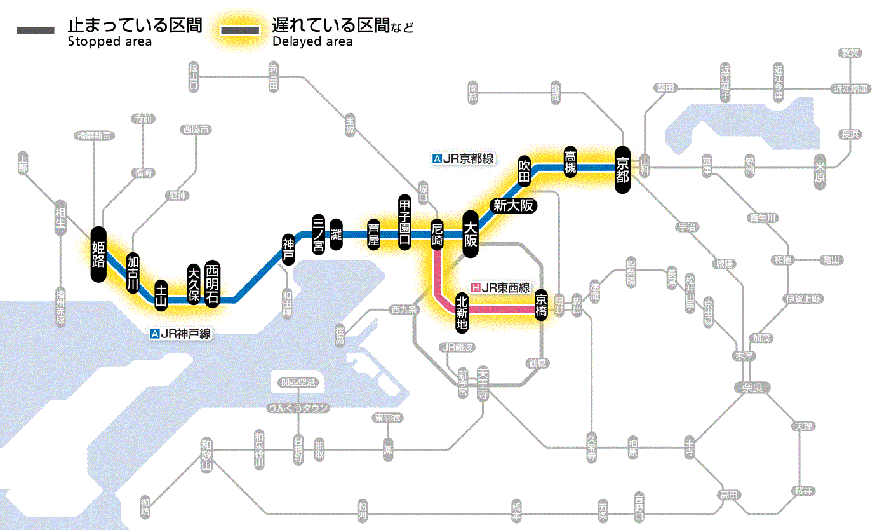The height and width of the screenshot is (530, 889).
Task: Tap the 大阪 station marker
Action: click(x=471, y=233)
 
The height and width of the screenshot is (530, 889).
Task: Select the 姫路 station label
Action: click(x=98, y=254)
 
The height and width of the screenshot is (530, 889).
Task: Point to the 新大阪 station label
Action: click(x=514, y=205)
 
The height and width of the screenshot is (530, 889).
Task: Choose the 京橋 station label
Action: click(x=541, y=304)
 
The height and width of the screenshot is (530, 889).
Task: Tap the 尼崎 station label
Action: click(x=437, y=234)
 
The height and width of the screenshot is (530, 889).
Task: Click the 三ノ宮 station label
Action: click(x=319, y=234)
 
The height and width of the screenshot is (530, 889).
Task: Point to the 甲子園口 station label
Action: click(x=404, y=222)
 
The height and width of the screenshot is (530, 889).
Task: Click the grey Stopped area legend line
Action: click(x=37, y=31)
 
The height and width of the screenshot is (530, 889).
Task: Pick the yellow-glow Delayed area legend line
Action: click(x=241, y=31)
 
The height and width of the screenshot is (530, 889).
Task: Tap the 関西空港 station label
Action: click(x=298, y=383)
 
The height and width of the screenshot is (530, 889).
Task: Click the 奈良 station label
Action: click(x=752, y=387)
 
